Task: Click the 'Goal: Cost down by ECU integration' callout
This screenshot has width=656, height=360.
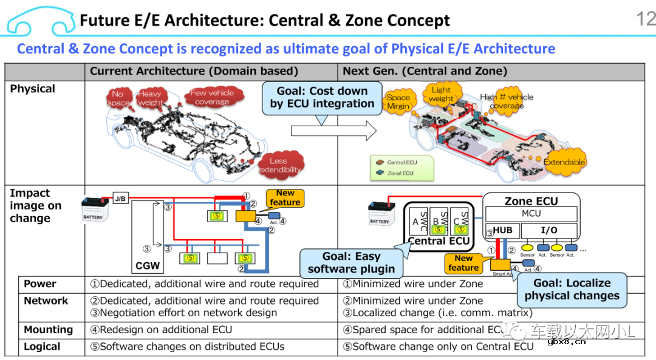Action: [322, 97]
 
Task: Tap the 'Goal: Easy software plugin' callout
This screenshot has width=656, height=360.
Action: [350, 262]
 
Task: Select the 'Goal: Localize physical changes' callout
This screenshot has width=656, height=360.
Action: [572, 290]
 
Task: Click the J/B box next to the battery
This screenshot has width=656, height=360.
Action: [121, 199]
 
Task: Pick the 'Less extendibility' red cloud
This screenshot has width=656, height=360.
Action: [279, 165]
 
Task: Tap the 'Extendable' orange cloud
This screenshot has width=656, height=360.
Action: [564, 162]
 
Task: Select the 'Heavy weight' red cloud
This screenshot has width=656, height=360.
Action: [149, 98]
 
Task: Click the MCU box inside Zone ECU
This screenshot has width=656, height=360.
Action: [531, 214]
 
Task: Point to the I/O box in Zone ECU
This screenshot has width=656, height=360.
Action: [548, 231]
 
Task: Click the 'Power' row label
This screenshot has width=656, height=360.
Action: [40, 284]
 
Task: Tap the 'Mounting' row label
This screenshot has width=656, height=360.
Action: [48, 330]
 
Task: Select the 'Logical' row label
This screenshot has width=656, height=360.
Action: [42, 347]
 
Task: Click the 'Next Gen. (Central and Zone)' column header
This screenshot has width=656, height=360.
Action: [425, 71]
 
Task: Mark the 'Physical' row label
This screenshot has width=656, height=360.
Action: [32, 89]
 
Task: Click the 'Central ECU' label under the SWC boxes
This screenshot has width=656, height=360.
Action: [439, 241]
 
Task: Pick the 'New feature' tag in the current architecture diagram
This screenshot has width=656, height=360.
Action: [285, 197]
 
